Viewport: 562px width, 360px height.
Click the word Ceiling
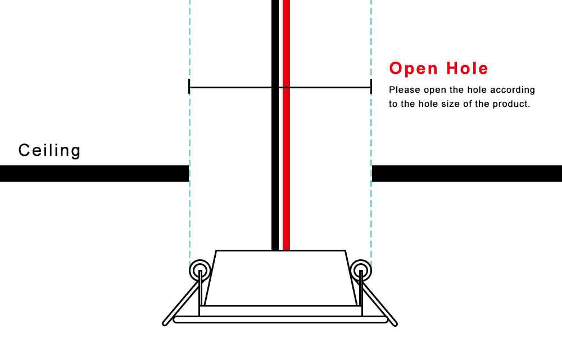tap(49, 151)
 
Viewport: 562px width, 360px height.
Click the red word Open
tap(414, 69)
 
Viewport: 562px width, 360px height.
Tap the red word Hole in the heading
tap(467, 68)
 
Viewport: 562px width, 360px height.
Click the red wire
tap(286, 125)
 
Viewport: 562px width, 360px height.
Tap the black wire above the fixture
tap(275, 125)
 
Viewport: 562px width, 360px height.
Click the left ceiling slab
tap(94, 174)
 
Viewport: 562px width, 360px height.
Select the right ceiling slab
tap(467, 174)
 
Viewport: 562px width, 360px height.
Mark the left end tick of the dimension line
tap(189, 87)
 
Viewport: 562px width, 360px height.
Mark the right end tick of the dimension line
tap(371, 87)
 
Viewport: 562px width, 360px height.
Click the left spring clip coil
tap(200, 271)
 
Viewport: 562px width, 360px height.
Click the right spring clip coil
tap(361, 271)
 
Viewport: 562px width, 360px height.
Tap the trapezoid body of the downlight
tap(280, 278)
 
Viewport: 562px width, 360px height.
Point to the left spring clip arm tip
tap(165, 323)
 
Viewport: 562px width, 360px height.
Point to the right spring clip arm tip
tap(395, 324)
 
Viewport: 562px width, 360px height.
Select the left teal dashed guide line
tap(189, 133)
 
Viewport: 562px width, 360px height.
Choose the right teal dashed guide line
tap(371, 133)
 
